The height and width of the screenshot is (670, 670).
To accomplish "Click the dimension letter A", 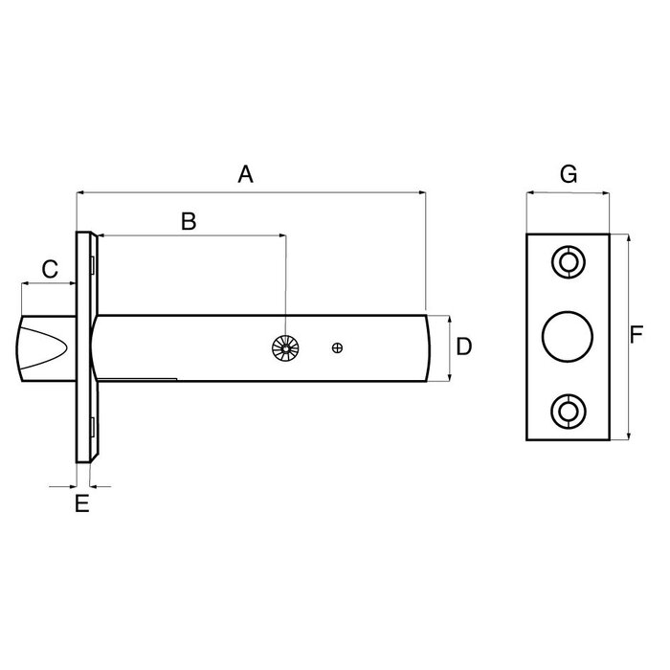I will click(x=245, y=174).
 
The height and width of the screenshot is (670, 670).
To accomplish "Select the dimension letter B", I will click(x=189, y=221).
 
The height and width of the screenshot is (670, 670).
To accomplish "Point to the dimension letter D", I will click(x=463, y=346).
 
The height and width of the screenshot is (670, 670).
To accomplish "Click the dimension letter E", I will click(x=82, y=503).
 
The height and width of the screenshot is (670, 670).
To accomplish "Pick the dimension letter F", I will click(x=636, y=335).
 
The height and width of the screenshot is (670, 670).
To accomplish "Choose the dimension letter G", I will click(x=568, y=174).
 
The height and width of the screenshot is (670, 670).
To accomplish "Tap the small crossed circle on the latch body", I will click(x=336, y=348).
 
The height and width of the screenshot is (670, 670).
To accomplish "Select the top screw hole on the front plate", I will click(x=568, y=261).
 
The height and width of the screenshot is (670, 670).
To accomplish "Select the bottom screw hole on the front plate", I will click(x=568, y=413).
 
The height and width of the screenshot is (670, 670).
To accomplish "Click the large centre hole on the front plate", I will click(x=567, y=336).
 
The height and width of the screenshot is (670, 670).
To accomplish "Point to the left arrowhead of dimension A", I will click(x=79, y=192).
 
